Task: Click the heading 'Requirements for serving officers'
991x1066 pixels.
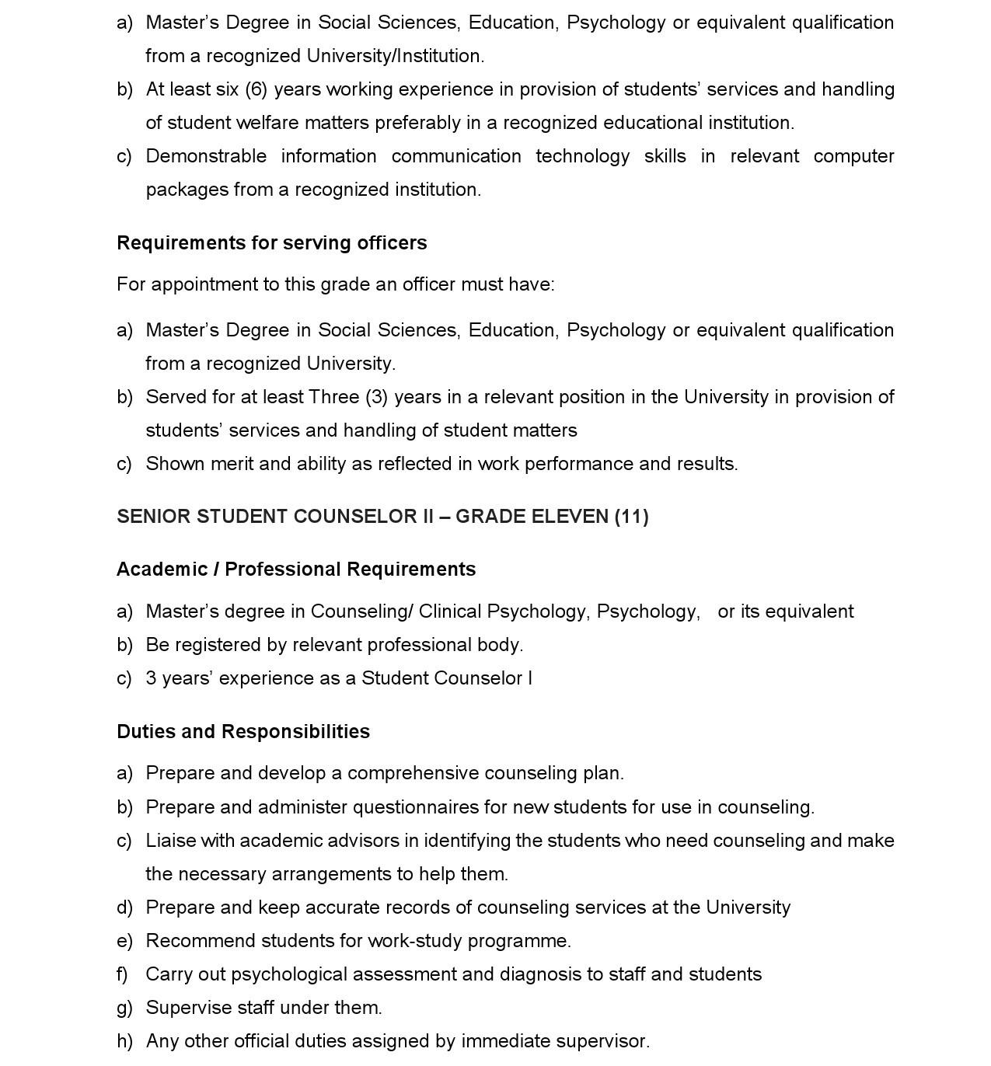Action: coord(271,243)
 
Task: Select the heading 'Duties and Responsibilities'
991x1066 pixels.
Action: coord(243,732)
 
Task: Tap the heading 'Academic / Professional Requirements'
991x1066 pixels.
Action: coord(296,570)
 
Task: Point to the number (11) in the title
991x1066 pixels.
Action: coord(631,517)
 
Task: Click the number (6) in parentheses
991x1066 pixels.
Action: coord(256,89)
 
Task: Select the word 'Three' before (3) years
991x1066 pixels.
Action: coord(334,397)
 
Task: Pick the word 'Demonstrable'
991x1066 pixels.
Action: coord(206,156)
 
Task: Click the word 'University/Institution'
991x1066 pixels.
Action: coord(395,56)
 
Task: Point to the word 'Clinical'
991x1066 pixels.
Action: coord(450,611)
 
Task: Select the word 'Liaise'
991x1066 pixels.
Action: coord(170,841)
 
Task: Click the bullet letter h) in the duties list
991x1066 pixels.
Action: coord(124,1041)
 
